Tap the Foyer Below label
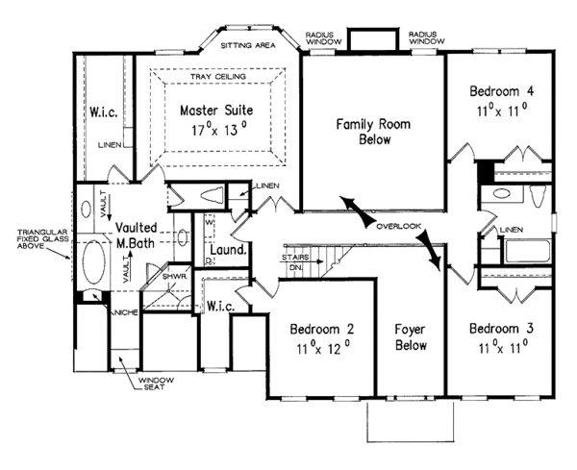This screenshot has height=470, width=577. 411,337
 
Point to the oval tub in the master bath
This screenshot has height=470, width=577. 93,261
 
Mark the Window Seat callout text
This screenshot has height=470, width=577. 154,386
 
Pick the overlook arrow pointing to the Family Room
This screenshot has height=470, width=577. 350,209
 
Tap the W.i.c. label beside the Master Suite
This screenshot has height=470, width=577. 104,113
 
